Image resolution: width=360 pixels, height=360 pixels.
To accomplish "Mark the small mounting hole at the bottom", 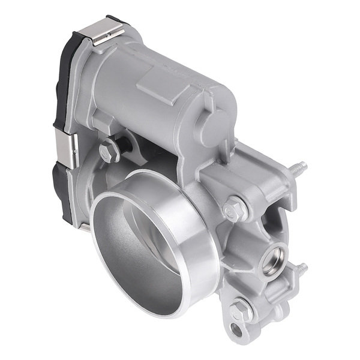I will click(x=236, y=330).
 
